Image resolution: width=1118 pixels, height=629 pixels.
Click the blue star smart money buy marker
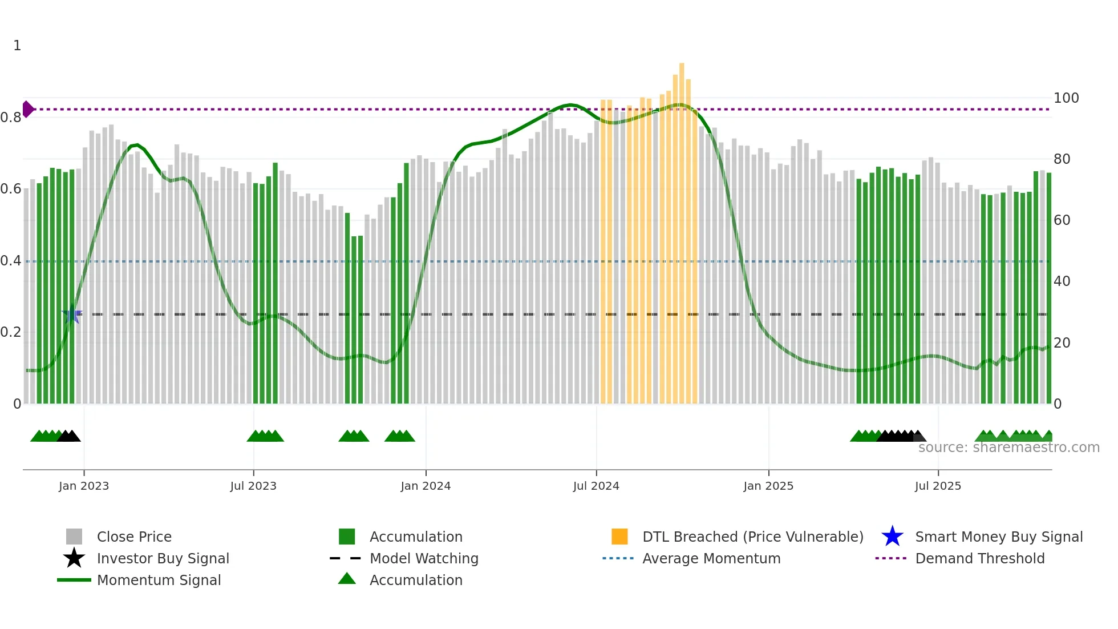pos(71,314)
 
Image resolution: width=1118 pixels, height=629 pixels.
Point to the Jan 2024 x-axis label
pos(426,486)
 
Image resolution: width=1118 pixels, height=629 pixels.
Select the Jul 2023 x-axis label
pos(253,486)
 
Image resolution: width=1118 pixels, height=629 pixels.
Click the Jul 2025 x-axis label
pos(938,486)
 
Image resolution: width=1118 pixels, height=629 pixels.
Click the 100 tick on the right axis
pos(1066,98)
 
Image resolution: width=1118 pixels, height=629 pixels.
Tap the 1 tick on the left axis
pos(17,46)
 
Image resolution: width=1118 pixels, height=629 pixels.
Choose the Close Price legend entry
pos(134,537)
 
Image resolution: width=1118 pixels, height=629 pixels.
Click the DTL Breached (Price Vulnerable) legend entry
pos(752,537)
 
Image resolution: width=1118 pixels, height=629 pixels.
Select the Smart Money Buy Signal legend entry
pos(998,537)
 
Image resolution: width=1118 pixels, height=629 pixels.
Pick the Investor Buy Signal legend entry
pos(163,558)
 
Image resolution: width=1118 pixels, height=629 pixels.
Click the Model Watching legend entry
pos(423,558)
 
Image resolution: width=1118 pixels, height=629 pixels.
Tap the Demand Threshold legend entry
pos(979,558)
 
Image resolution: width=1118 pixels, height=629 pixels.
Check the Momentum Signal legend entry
pos(159,580)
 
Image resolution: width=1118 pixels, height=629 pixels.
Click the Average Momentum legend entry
pos(711,558)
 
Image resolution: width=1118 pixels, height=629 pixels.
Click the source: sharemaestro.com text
pos(1008,447)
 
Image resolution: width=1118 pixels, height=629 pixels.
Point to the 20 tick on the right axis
pos(1062,342)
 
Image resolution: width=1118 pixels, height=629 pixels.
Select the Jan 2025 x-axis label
pos(768,486)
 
